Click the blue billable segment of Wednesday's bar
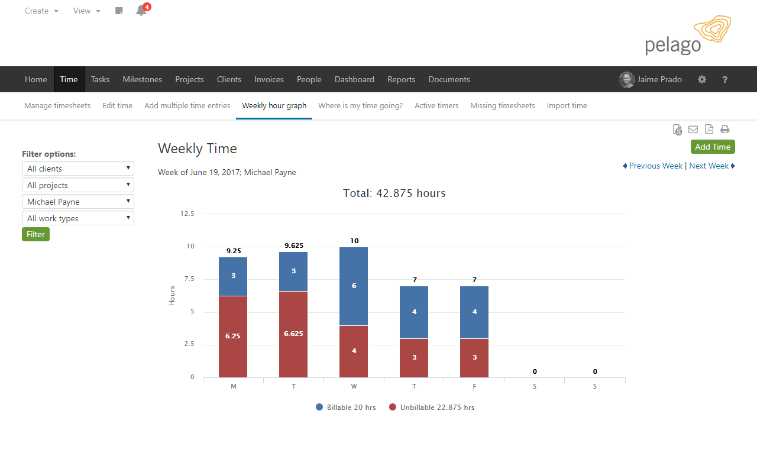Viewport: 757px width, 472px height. coord(354,286)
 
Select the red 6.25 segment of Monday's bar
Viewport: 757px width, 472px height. coord(233,336)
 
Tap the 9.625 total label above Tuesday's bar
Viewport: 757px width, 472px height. coord(293,245)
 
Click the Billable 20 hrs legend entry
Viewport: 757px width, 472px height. coord(346,408)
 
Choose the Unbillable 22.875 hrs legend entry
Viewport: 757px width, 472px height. coord(432,408)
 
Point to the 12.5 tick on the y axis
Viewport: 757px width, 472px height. coord(187,214)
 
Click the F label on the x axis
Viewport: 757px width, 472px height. coord(474,386)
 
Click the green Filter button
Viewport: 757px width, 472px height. coord(35,234)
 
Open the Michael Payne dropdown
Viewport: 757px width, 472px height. coord(78,202)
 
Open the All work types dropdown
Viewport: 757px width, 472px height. coord(78,218)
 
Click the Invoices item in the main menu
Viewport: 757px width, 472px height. coord(269,79)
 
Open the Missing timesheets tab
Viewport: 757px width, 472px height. coord(502,105)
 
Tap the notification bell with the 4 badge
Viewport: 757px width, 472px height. coord(141,11)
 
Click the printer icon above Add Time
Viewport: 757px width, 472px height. coord(725,130)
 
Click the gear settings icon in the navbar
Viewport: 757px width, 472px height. coord(702,79)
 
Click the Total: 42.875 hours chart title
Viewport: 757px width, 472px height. coord(394,193)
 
